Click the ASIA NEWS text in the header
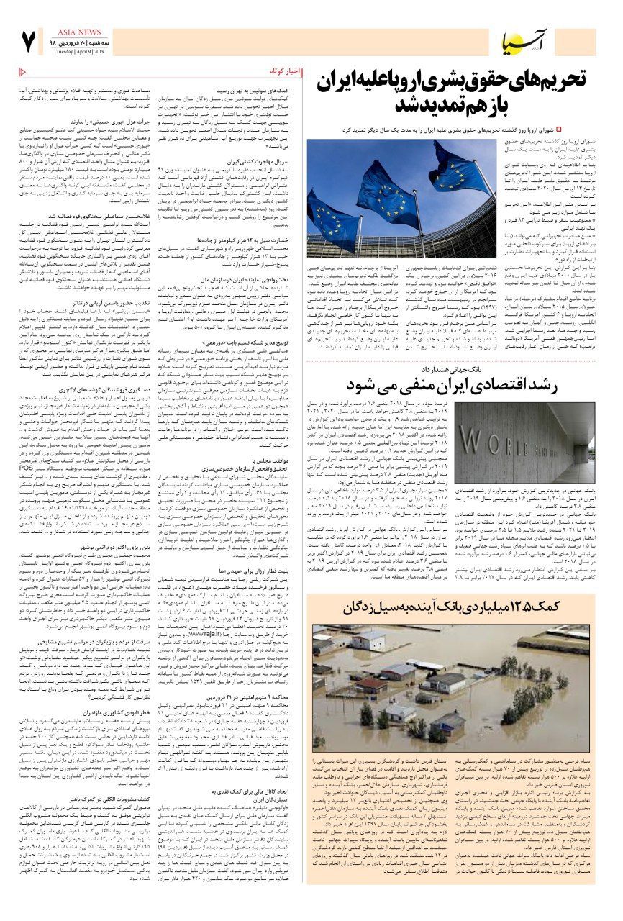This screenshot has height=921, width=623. tap(71, 32)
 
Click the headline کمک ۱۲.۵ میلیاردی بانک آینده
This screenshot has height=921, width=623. tap(450, 607)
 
